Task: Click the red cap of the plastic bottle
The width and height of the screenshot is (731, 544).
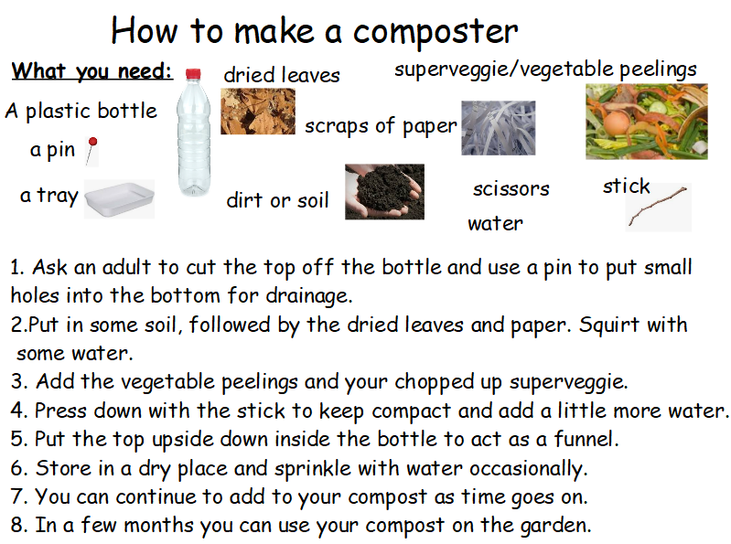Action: [x=193, y=73]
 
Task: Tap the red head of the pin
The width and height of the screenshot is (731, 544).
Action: [x=92, y=141]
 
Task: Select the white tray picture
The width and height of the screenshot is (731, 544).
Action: [x=119, y=199]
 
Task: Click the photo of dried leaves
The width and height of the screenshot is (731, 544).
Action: [x=258, y=112]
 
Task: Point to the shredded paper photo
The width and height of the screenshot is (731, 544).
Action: [x=499, y=128]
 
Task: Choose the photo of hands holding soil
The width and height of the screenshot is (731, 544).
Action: [x=384, y=191]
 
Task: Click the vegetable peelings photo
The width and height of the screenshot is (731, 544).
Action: [x=647, y=122]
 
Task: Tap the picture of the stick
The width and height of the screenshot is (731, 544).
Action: [x=657, y=206]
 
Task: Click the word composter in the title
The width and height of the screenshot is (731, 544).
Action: [x=435, y=33]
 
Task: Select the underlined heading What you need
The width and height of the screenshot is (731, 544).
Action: [x=92, y=71]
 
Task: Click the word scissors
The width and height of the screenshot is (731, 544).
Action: [x=511, y=188]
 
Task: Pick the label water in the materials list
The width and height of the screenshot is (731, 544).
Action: [x=495, y=224]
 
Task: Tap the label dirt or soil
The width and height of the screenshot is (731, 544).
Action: [x=277, y=200]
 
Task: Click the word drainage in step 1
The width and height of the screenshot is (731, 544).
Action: [x=308, y=296]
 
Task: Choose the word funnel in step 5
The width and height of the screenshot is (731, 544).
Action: [x=586, y=439]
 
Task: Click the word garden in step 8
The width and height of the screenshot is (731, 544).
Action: [x=555, y=527]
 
